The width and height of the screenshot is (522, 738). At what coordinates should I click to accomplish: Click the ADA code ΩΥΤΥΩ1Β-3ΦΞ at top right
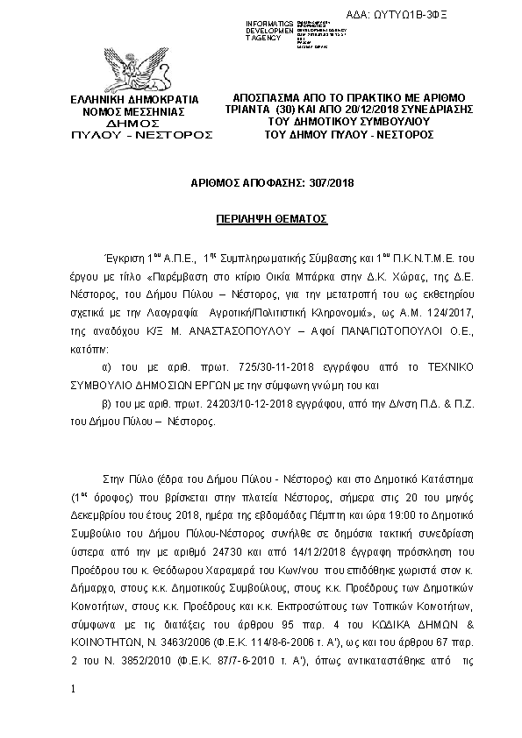click(x=472, y=16)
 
